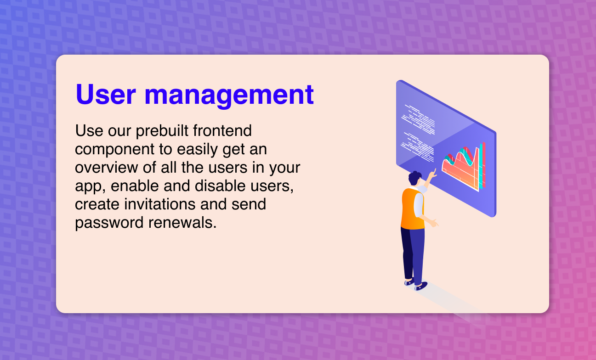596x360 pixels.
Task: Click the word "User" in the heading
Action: [x=106, y=95]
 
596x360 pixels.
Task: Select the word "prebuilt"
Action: [x=162, y=131]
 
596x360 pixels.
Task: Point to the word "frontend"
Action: [x=222, y=130]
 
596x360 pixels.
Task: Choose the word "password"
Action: [x=109, y=223]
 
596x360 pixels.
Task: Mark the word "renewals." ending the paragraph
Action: [x=182, y=223]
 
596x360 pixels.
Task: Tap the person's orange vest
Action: [x=412, y=209]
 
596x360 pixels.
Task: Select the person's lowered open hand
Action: [x=434, y=223]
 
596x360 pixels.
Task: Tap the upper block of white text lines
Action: [x=418, y=119]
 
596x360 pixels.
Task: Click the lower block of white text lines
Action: [x=417, y=147]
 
